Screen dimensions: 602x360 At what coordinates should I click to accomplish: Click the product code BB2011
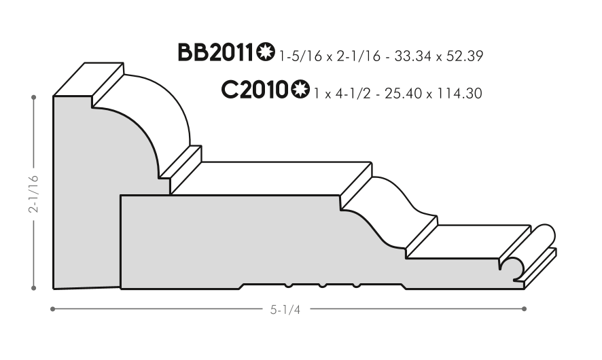pyautogui.click(x=216, y=52)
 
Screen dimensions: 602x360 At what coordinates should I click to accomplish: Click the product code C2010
pyautogui.click(x=254, y=90)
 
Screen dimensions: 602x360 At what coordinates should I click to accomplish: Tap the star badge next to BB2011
pyautogui.click(x=266, y=52)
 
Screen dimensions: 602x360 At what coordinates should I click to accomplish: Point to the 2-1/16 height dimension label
pyautogui.click(x=33, y=194)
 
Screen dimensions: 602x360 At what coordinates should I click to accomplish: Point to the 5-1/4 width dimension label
pyautogui.click(x=285, y=309)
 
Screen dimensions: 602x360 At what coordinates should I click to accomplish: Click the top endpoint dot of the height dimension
pyautogui.click(x=34, y=98)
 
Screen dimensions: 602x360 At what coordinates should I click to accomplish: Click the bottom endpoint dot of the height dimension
pyautogui.click(x=34, y=288)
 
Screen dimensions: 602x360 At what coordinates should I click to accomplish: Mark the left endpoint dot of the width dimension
pyautogui.click(x=52, y=308)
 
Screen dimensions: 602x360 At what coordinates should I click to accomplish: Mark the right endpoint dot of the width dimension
pyautogui.click(x=525, y=308)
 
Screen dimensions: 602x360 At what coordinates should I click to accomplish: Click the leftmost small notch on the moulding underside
pyautogui.click(x=289, y=285)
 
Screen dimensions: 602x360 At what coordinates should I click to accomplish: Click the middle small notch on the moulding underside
pyautogui.click(x=323, y=285)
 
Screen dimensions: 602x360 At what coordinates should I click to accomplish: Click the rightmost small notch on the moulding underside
pyautogui.click(x=356, y=285)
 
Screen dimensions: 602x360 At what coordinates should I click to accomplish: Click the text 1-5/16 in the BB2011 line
pyautogui.click(x=300, y=56)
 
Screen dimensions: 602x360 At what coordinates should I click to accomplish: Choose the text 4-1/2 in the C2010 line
pyautogui.click(x=353, y=94)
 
